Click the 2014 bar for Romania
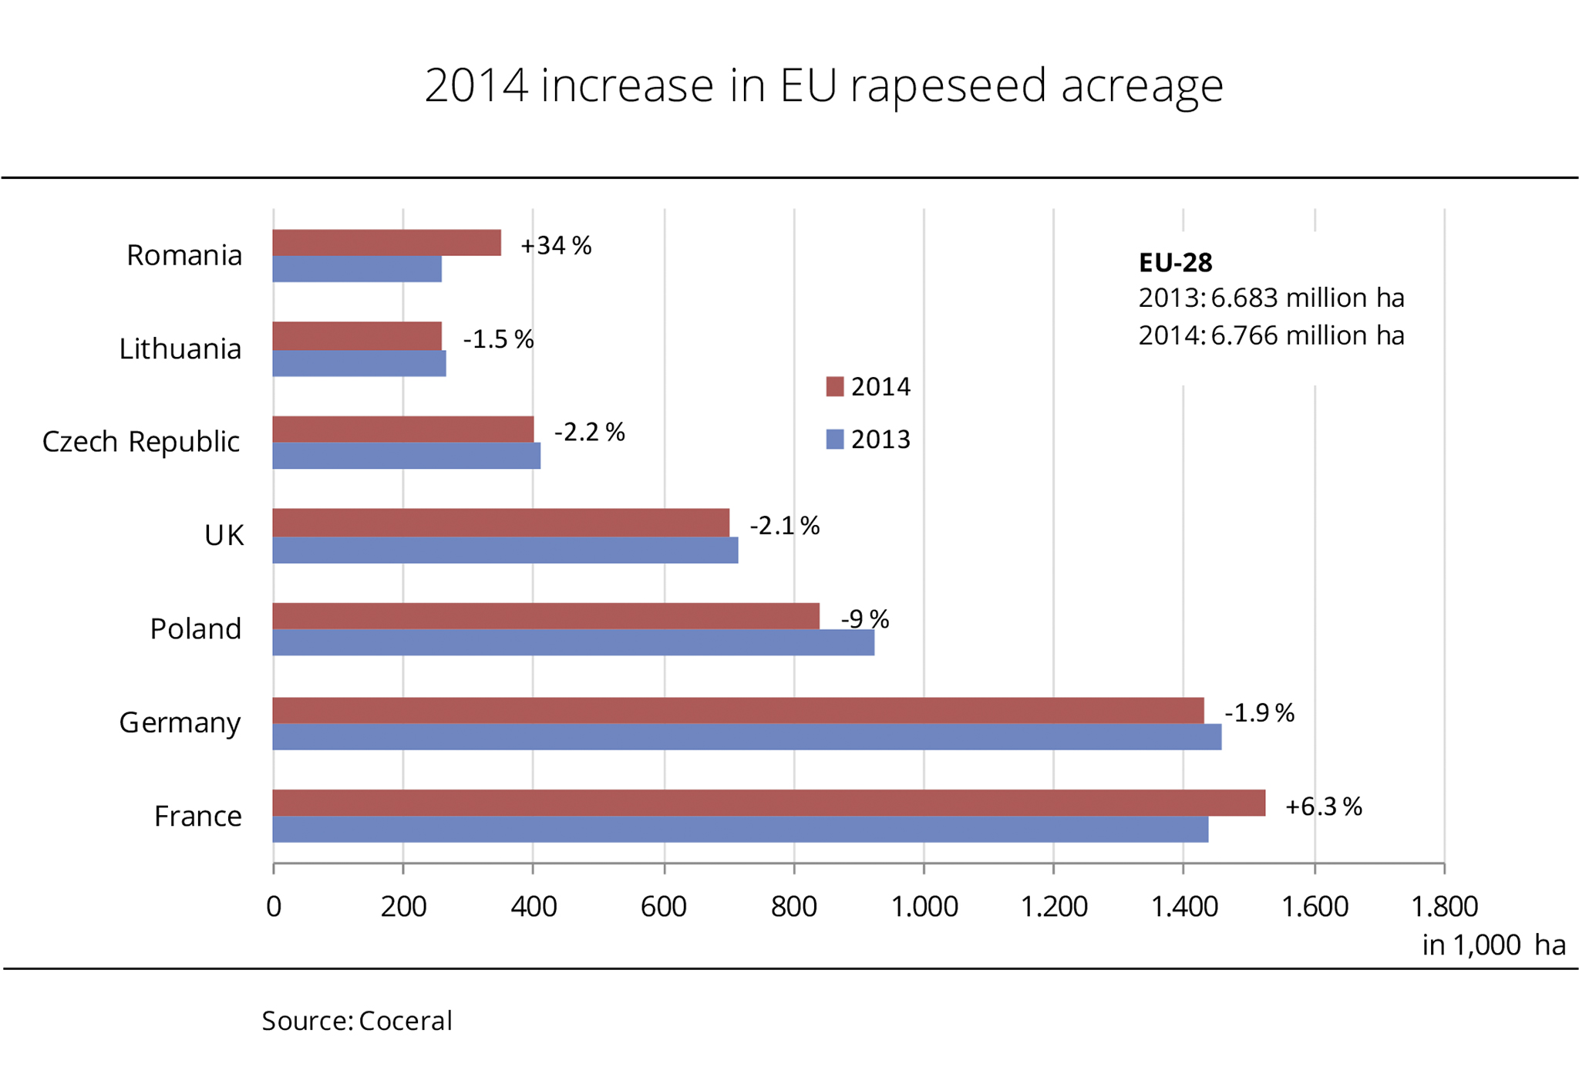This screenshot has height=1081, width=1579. coord(386,242)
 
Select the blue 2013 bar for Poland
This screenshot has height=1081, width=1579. coord(573,642)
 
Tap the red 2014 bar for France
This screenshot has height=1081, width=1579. coord(768,803)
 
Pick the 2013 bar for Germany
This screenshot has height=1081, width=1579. coord(746,736)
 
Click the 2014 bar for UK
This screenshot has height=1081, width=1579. coord(500,522)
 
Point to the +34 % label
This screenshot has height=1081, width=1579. coord(556,246)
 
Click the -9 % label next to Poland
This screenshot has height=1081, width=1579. coord(864,619)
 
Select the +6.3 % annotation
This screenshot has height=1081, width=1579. coord(1323,807)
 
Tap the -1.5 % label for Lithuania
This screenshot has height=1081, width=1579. coord(498,339)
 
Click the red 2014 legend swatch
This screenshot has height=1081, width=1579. coord(834,386)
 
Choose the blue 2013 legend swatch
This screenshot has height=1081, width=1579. coord(834,439)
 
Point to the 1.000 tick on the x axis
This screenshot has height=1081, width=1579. coord(924,907)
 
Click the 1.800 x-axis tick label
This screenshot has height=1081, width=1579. coord(1443,907)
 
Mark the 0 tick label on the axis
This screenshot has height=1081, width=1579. coord(274,907)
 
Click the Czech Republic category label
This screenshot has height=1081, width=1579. coord(141,442)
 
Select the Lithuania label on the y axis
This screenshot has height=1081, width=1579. coord(180,349)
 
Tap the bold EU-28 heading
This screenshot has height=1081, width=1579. coord(1175,263)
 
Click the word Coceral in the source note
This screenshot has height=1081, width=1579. coord(405,1021)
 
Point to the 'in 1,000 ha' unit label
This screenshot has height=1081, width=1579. coord(1493,945)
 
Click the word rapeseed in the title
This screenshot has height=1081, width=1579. coord(948,86)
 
